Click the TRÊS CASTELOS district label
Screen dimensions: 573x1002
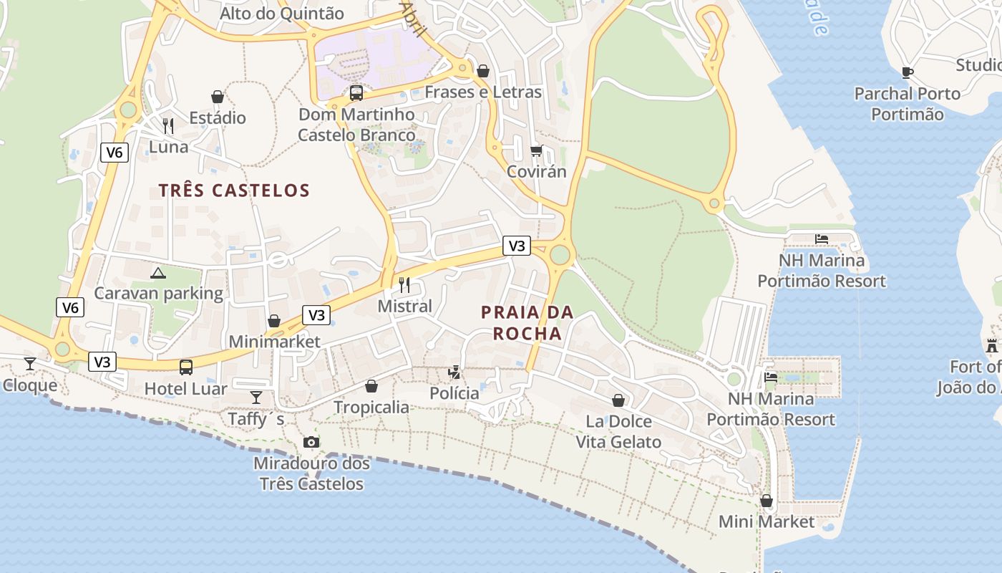pyautogui.click(x=234, y=191)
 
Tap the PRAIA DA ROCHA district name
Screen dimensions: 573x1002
pyautogui.click(x=527, y=323)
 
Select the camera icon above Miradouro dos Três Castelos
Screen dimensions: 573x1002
pyautogui.click(x=311, y=442)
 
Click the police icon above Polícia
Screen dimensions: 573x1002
pyautogui.click(x=454, y=372)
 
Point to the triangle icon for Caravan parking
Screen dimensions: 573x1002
pyautogui.click(x=158, y=272)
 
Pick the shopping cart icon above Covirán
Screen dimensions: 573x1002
pyautogui.click(x=537, y=150)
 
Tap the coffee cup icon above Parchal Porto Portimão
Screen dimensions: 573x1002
pyautogui.click(x=908, y=72)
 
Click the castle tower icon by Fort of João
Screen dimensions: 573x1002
pyautogui.click(x=992, y=345)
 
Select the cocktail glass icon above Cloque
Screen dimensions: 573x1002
pyautogui.click(x=30, y=364)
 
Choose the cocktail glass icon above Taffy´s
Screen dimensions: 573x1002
pyautogui.click(x=256, y=397)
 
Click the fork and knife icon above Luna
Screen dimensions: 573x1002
pyautogui.click(x=168, y=126)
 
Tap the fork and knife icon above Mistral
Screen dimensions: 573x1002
pyautogui.click(x=405, y=285)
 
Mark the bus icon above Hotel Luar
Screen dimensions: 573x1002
pyautogui.click(x=186, y=367)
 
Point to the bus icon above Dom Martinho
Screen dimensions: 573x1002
pyautogui.click(x=356, y=92)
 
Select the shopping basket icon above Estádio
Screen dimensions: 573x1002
pyautogui.click(x=218, y=96)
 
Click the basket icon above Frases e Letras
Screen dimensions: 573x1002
pyautogui.click(x=483, y=71)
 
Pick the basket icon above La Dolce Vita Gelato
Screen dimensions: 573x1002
pyautogui.click(x=618, y=400)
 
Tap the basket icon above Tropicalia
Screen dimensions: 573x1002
pyautogui.click(x=371, y=386)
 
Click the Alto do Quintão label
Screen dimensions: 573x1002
pyautogui.click(x=282, y=14)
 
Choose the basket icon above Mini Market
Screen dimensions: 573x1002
pyautogui.click(x=767, y=500)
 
